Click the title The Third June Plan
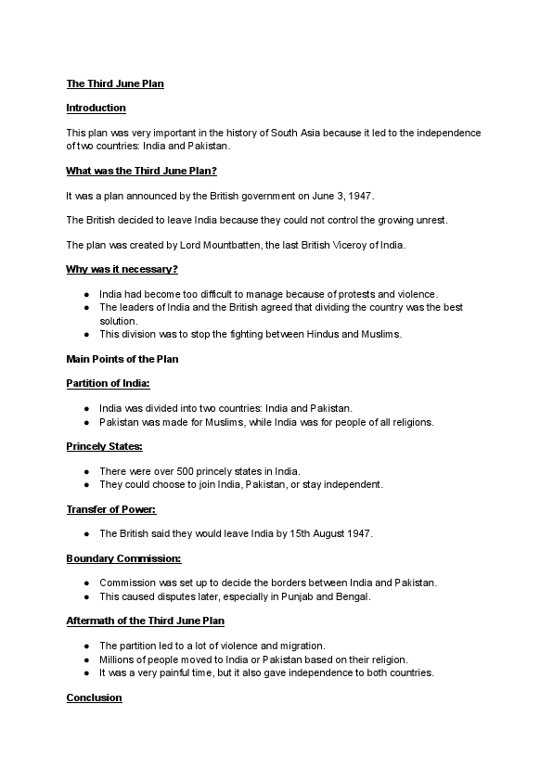coord(115,83)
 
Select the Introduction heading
coord(96,108)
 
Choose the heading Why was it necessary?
coord(122,269)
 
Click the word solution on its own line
coord(118,321)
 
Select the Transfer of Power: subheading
coord(110,509)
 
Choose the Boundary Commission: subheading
coord(123,558)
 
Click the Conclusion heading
coord(94,698)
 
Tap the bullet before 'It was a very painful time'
coord(86,672)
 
